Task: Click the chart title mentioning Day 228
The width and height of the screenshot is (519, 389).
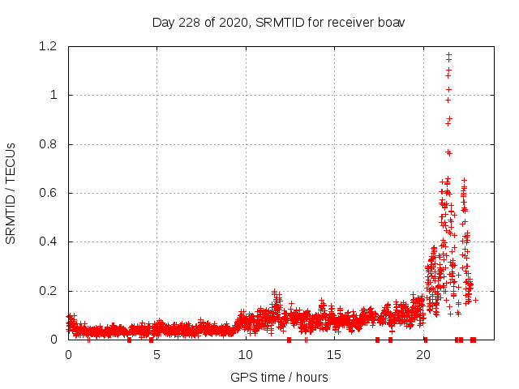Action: pyautogui.click(x=278, y=22)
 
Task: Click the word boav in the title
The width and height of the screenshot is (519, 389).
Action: pyautogui.click(x=391, y=22)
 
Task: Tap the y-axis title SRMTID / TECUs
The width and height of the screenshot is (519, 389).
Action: pyautogui.click(x=11, y=193)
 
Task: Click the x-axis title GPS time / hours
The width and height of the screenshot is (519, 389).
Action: pyautogui.click(x=279, y=377)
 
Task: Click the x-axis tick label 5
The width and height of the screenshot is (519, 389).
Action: pyautogui.click(x=157, y=355)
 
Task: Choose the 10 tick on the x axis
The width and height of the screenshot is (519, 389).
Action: pyautogui.click(x=245, y=355)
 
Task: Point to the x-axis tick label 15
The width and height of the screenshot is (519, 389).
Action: pyautogui.click(x=333, y=355)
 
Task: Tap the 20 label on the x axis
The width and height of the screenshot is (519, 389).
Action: pyautogui.click(x=422, y=355)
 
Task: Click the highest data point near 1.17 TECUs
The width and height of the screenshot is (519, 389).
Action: pyautogui.click(x=448, y=54)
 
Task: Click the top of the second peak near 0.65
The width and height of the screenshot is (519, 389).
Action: pyautogui.click(x=464, y=180)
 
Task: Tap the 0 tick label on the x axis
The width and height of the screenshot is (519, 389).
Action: pyautogui.click(x=68, y=355)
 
